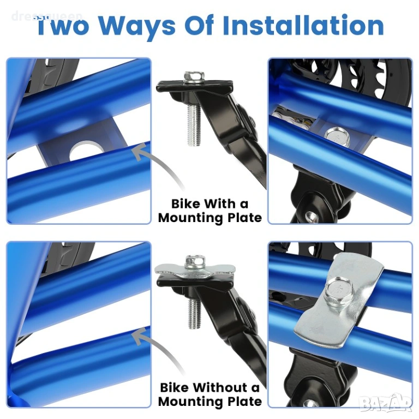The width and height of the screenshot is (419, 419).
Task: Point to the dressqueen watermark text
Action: (x=47, y=16)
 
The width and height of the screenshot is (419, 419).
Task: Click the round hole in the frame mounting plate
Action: (x=86, y=150)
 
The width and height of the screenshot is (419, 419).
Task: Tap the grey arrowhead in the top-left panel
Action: (x=141, y=152)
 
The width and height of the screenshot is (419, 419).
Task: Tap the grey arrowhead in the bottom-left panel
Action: (x=141, y=336)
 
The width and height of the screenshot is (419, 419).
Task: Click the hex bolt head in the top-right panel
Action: (x=337, y=137)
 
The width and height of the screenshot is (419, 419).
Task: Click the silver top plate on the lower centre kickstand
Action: (x=194, y=270)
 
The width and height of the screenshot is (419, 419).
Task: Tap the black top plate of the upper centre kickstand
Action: (x=194, y=86)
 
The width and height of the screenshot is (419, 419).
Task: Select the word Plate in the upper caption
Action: (x=244, y=218)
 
